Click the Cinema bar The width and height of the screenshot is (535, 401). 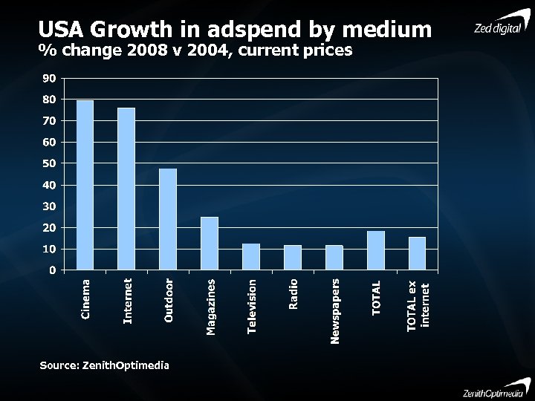click(85, 185)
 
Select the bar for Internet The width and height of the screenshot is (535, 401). click(126, 189)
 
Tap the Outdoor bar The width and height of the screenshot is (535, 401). click(168, 219)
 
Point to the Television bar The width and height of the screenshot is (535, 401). click(251, 257)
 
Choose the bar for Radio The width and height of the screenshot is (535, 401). click(293, 258)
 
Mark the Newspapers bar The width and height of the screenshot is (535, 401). click(334, 258)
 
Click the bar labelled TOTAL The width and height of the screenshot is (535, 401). click(376, 250)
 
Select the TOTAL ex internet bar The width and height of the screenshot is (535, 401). click(418, 253)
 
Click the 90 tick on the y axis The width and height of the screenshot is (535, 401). click(49, 78)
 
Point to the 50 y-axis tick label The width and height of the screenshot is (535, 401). click(49, 163)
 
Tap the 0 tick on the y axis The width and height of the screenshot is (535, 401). click(52, 270)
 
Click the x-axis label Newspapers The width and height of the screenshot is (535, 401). click(335, 311)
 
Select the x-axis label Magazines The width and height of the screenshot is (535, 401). click(211, 306)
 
